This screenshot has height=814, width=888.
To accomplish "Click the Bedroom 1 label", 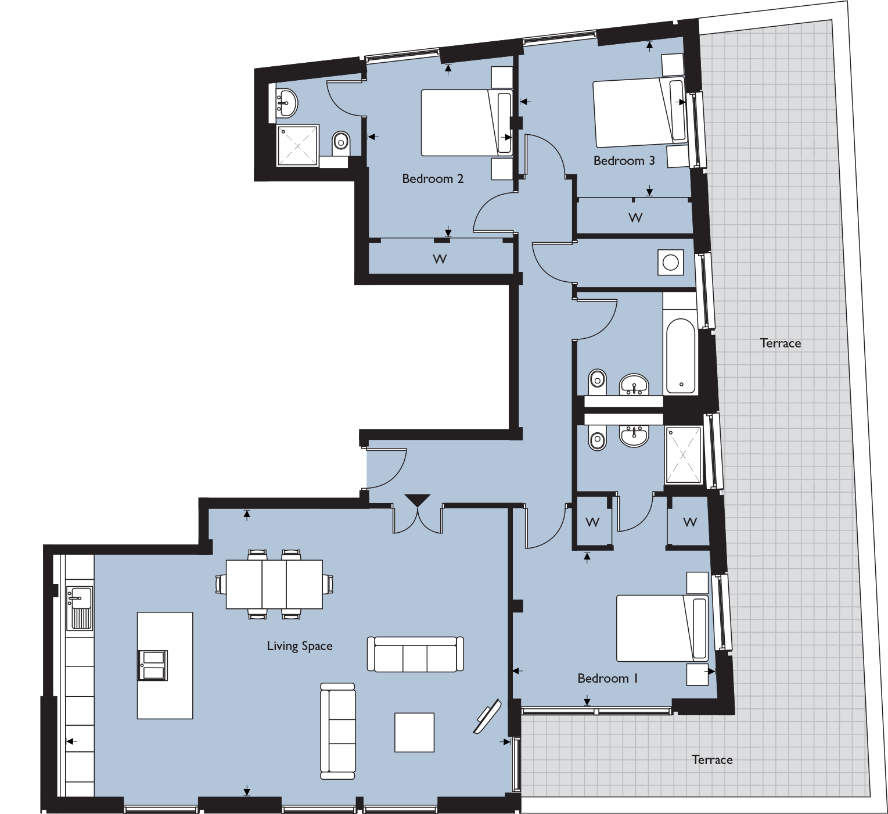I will tap(607, 678).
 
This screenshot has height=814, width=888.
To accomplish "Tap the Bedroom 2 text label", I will tap(433, 178).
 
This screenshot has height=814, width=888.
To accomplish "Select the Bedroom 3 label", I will tap(624, 160).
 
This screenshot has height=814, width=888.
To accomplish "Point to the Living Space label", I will tap(299, 646).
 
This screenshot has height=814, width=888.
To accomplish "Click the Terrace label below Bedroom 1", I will tap(712, 759).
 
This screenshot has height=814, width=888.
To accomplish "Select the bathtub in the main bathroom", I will tap(681, 356).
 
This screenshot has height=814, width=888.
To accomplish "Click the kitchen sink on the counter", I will tap(79, 608).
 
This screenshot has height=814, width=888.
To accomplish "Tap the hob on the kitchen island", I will tap(153, 665).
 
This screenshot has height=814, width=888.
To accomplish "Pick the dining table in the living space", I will tap(274, 584).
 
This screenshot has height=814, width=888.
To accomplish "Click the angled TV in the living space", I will tap(487, 717).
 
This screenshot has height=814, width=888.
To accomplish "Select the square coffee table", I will tap(414, 732).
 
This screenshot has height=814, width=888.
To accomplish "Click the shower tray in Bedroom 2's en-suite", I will tap(298, 145).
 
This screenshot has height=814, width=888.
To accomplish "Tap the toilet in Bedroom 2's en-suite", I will tap(341, 141).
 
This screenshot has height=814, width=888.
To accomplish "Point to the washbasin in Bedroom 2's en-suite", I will tap(286, 103).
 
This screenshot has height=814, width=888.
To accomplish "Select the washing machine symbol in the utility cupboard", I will tap(671, 263).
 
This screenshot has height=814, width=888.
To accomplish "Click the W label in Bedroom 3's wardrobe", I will tap(635, 218).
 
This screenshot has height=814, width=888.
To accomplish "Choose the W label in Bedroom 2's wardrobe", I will tap(440, 259).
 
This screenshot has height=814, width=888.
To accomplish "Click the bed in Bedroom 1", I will tap(661, 628).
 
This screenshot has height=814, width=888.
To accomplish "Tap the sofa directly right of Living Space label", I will tap(415, 654).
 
